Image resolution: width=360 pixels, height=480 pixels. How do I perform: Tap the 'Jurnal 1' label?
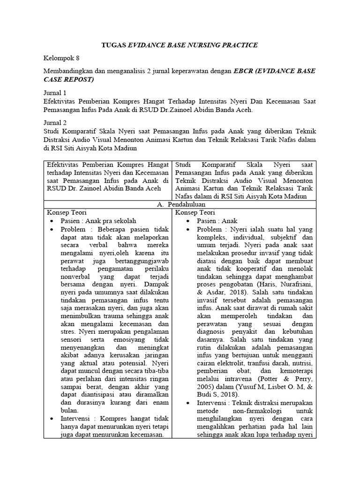coord(54,93)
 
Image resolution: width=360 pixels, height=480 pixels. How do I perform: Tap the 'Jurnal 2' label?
coord(54,122)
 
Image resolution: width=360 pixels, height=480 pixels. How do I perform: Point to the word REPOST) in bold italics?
coord(77,79)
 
